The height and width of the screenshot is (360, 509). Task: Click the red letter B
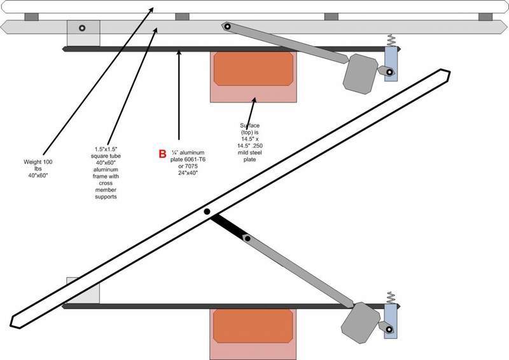[163, 153]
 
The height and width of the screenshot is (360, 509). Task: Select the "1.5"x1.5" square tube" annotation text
[106, 172]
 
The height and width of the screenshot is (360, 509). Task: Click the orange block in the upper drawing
[254, 69]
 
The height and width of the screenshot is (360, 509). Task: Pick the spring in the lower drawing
[391, 298]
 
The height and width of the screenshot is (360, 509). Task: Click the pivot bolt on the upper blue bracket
[388, 71]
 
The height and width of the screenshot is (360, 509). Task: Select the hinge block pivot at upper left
[82, 29]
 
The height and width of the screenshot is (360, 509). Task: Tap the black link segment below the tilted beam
[228, 227]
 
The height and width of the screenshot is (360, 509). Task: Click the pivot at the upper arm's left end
[226, 27]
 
